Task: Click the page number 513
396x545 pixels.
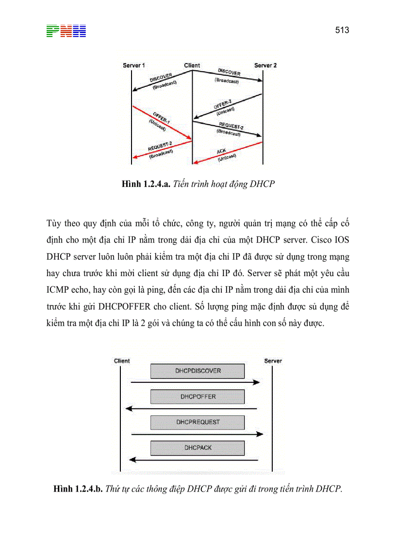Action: pyautogui.click(x=342, y=30)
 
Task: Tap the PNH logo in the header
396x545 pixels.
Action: pyautogui.click(x=66, y=31)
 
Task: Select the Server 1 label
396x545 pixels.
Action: pyautogui.click(x=133, y=65)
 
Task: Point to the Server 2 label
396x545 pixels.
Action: pyautogui.click(x=265, y=65)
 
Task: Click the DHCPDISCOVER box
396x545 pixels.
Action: pyautogui.click(x=198, y=371)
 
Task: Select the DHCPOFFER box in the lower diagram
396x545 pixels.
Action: pyautogui.click(x=198, y=396)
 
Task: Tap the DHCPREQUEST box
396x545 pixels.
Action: pyautogui.click(x=198, y=422)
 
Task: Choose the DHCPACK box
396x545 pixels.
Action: pyautogui.click(x=198, y=447)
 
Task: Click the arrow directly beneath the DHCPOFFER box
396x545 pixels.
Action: pyautogui.click(x=191, y=409)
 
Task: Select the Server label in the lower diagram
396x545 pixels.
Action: pyautogui.click(x=273, y=361)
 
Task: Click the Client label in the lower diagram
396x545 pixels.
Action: pyautogui.click(x=122, y=361)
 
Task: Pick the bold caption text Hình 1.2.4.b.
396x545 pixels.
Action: pyautogui.click(x=78, y=489)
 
